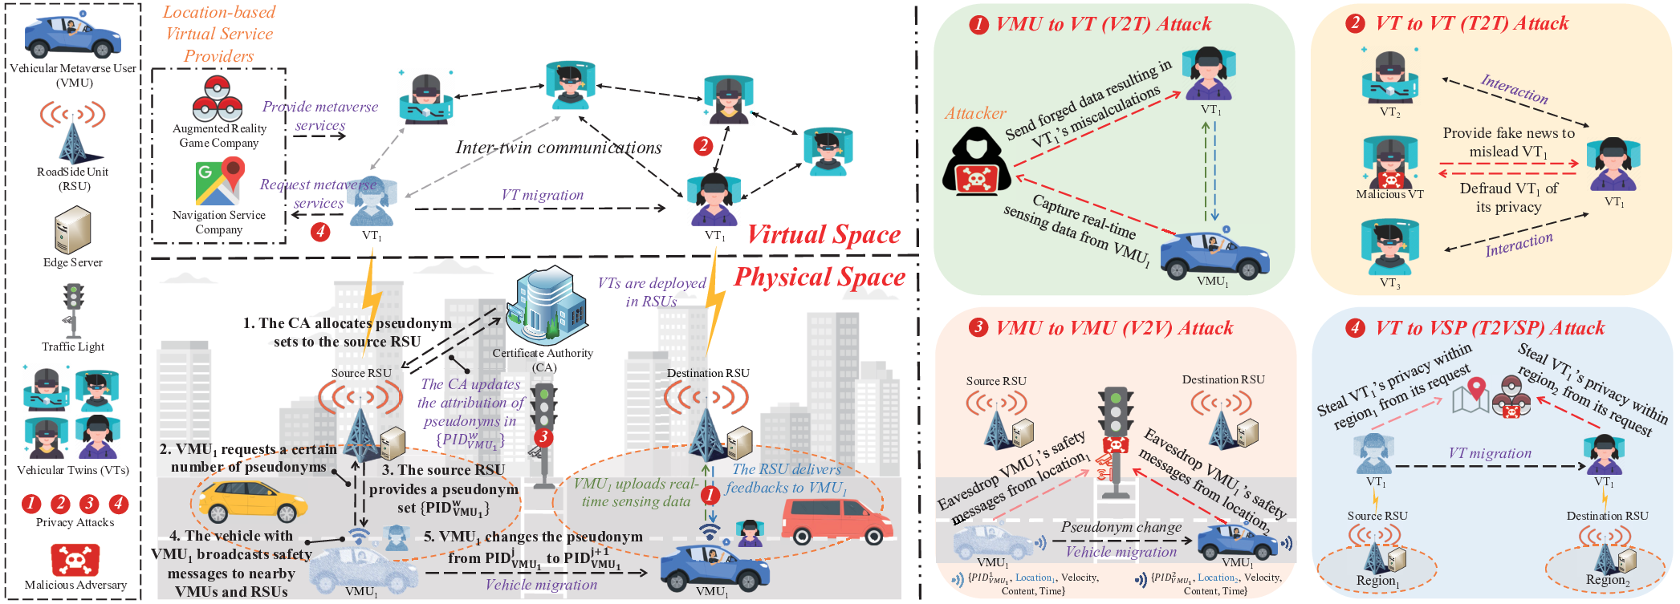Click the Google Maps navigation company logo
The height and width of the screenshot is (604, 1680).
(x=219, y=182)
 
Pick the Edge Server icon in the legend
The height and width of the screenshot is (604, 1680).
(x=72, y=229)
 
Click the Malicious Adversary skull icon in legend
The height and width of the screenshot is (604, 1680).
(x=75, y=559)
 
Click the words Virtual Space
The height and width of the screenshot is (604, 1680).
(x=824, y=234)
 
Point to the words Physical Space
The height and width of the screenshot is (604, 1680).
(x=820, y=277)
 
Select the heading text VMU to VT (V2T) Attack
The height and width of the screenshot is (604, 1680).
(x=1104, y=24)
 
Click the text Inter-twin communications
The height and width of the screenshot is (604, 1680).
(x=559, y=148)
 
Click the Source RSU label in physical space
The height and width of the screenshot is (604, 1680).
(x=361, y=373)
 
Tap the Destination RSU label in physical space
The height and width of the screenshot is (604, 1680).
(x=708, y=373)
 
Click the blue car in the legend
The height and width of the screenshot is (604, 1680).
(x=72, y=35)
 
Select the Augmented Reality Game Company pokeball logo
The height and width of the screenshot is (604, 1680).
(x=218, y=98)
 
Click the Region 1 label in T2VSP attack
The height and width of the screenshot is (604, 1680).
(x=1377, y=581)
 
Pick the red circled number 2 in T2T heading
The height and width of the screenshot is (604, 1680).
(x=1356, y=23)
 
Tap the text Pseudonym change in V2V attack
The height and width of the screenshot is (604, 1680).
(x=1121, y=527)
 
